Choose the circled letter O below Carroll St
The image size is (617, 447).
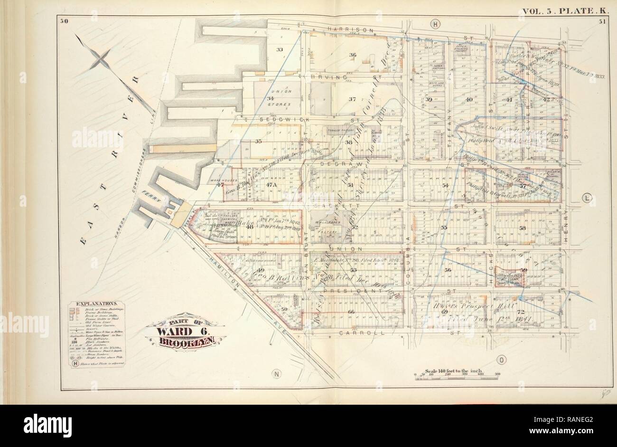pyautogui.click(x=500, y=360)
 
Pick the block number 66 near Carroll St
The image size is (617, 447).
pyautogui.click(x=351, y=312)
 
